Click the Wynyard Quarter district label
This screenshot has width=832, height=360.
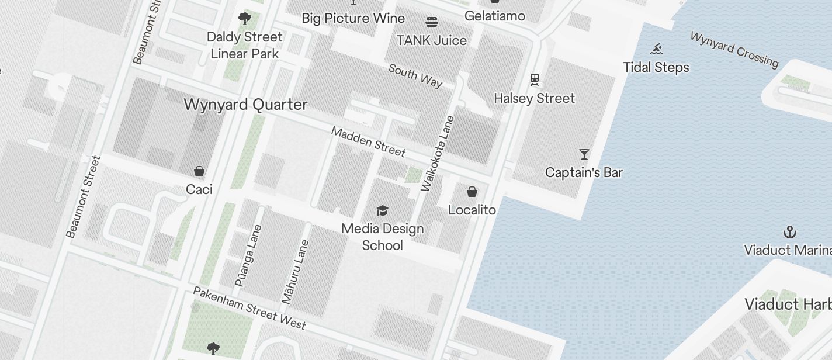pos(245,105)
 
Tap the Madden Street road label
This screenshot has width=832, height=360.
pos(368,141)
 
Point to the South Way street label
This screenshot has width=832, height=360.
pos(415,75)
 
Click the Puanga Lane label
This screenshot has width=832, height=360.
pos(248,256)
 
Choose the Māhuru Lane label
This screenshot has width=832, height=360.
pos(295,272)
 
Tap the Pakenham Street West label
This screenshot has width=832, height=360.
pos(249,308)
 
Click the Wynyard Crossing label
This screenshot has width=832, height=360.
pos(734,49)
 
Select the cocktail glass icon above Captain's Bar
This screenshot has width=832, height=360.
pos(584,154)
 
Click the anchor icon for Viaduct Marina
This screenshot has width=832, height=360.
pos(789,232)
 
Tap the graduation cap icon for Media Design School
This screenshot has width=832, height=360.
pos(382,210)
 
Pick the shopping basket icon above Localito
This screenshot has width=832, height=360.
pos(472,192)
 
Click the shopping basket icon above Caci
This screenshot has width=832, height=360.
pos(199,171)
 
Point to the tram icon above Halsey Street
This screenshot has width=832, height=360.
pos(534,79)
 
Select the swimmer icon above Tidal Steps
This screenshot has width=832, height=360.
pos(657,49)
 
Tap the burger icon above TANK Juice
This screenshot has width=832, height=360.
pos(432,22)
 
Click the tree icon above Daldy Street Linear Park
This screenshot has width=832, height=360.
pos(245,19)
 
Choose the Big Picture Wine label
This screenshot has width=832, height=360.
pos(353,18)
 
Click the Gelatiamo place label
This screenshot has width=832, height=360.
pos(494,16)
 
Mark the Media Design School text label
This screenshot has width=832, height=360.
pos(383,237)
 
